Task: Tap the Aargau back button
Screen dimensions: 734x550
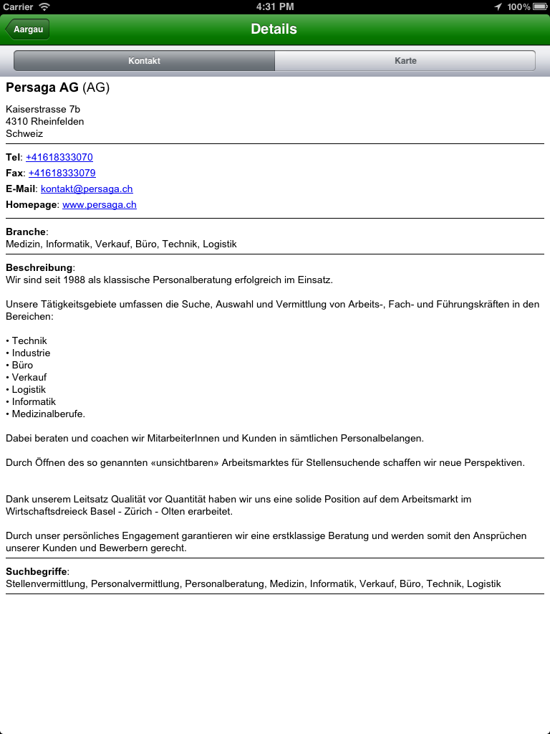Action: pos(28,29)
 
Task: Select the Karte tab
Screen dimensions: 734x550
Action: pos(405,61)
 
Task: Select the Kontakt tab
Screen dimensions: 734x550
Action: pos(144,61)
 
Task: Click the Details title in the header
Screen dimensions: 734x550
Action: pos(274,29)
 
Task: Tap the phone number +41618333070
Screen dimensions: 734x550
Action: pos(59,157)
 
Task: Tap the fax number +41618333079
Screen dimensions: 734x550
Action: pos(62,173)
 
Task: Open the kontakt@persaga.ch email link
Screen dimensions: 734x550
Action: pos(87,189)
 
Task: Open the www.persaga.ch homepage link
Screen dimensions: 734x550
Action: pos(100,204)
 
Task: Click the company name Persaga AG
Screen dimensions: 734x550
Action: pos(42,87)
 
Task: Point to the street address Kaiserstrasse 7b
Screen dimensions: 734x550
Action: pos(43,109)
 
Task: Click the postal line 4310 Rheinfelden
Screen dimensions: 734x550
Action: pos(44,121)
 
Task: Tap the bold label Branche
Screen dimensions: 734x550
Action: pos(26,232)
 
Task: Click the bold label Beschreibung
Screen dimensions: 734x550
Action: pos(39,267)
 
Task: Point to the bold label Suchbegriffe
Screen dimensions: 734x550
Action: pos(37,571)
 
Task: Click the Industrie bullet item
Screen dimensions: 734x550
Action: pos(31,353)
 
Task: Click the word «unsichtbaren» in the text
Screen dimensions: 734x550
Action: pos(190,462)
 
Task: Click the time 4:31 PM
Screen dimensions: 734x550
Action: pos(275,6)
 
